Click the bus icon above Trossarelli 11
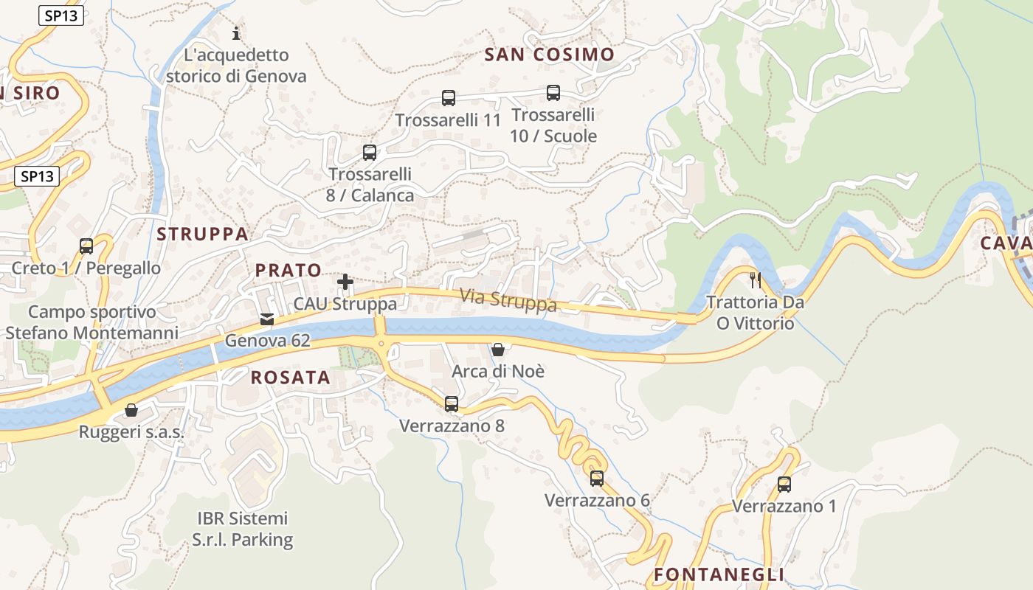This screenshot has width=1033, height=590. (448, 97)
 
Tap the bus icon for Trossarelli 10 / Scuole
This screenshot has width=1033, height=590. (553, 93)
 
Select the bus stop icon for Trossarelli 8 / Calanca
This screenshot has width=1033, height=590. (370, 153)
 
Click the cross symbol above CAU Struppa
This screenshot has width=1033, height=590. (345, 282)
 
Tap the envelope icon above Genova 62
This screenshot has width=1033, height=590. (267, 319)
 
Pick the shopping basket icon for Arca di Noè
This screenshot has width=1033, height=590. (498, 349)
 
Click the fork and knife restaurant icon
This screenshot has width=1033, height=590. (755, 280)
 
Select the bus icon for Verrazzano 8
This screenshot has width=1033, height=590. (452, 403)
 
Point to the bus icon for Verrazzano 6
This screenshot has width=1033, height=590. (597, 478)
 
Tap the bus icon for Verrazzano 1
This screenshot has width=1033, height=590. (784, 485)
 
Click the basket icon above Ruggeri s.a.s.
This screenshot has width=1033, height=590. (131, 409)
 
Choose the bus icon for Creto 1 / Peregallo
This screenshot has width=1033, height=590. (86, 246)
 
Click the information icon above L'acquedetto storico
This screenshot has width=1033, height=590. (236, 33)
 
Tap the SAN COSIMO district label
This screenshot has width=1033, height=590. (550, 55)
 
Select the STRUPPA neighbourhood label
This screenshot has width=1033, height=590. (202, 235)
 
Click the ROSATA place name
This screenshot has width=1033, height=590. (290, 378)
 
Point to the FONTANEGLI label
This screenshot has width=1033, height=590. (719, 575)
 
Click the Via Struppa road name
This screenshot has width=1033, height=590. (508, 300)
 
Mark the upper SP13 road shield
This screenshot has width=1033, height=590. (61, 15)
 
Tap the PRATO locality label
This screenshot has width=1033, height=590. (288, 270)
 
